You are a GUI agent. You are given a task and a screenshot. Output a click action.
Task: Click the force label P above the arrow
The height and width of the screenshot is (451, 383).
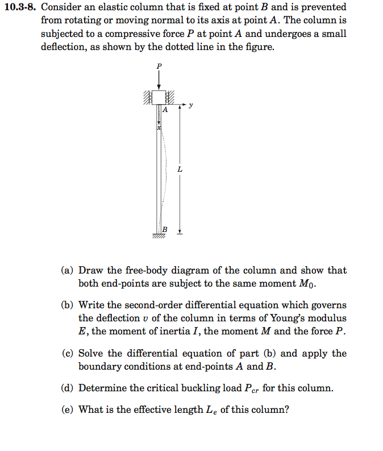[x=159, y=66]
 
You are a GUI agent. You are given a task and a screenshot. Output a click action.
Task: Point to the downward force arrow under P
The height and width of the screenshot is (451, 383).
[x=159, y=80]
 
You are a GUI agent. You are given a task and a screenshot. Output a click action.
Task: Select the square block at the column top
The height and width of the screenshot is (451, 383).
[x=159, y=97]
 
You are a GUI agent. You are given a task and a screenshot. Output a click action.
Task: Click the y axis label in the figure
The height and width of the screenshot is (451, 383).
[x=191, y=105]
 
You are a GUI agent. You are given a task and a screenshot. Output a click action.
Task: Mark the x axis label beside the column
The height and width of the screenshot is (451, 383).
[x=159, y=130]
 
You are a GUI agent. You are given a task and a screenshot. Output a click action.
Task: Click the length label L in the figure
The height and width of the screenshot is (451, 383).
[x=180, y=169]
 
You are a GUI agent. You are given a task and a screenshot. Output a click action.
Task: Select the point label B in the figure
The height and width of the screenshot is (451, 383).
[x=165, y=229]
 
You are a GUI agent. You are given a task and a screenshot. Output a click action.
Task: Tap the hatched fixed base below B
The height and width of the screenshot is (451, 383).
[x=159, y=235]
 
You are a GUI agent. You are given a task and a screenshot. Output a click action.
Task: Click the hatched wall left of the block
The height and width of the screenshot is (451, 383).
[x=147, y=98]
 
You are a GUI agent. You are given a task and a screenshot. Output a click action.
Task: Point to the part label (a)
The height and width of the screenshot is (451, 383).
[x=68, y=271]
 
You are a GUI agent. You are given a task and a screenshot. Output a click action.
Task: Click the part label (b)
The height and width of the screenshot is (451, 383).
[x=68, y=305]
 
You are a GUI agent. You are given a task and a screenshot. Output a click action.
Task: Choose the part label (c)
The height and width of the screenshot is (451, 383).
[x=68, y=353]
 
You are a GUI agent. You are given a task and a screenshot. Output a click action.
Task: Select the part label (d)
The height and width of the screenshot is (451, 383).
[x=68, y=388]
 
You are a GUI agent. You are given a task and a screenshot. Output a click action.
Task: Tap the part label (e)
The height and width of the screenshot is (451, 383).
[x=68, y=409]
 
